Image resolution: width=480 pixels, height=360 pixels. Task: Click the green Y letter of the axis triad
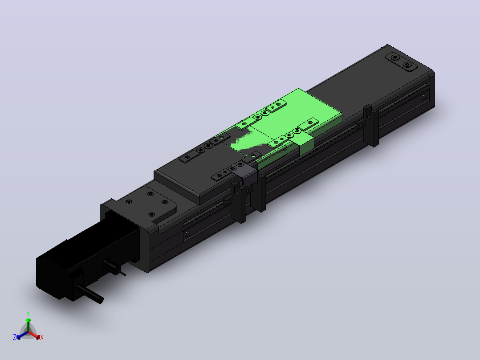28,314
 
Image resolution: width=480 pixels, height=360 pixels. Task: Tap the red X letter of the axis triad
42,337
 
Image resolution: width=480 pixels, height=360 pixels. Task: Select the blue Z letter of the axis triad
15,337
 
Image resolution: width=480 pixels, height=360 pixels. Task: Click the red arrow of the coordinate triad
34,335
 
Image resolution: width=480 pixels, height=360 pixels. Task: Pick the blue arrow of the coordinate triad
22,335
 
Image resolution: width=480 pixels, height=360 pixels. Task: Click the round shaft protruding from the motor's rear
89,294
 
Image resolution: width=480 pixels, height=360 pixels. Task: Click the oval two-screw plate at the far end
401,61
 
